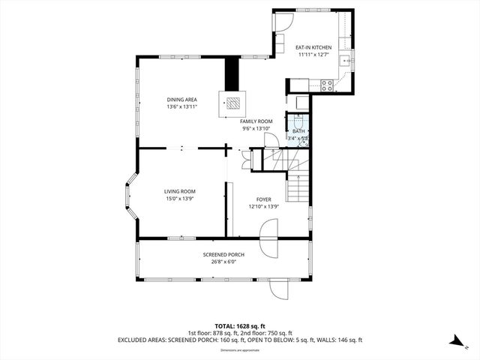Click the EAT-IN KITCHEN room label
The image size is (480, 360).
pos(315,47)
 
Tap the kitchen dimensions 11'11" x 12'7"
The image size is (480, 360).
pos(315,54)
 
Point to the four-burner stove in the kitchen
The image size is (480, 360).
pos(327,87)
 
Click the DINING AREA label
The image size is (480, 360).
pos(181,100)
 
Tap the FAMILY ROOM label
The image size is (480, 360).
pos(255,121)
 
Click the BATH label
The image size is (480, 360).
pos(298,131)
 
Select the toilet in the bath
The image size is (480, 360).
pos(298,121)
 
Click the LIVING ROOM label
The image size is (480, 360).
pos(179,192)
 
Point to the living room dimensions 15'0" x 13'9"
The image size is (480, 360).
pos(179,199)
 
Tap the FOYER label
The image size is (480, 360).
pos(263,199)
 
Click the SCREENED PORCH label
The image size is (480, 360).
pos(223,254)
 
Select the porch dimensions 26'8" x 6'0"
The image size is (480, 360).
pos(223,261)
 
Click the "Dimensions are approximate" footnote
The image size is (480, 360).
pos(239,350)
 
